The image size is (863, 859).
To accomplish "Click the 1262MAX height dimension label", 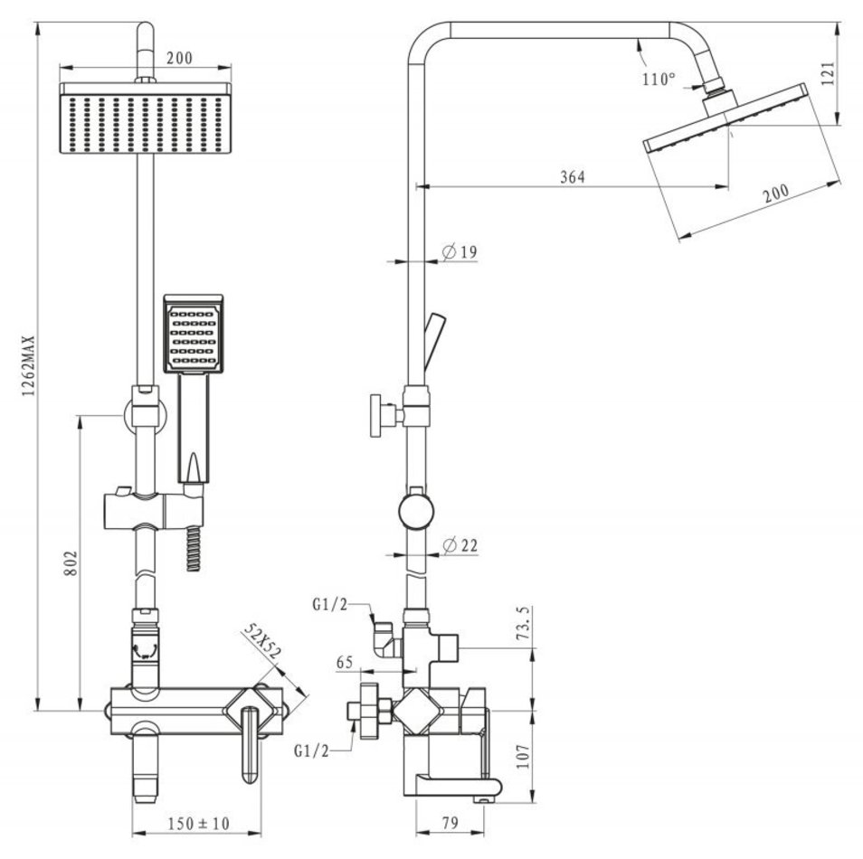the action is click(28, 366).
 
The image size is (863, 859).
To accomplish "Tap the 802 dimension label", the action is click(71, 563).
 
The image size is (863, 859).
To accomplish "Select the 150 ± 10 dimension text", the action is click(198, 824).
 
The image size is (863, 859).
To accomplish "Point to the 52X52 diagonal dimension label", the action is click(262, 641).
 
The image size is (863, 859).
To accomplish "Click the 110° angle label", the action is click(659, 80).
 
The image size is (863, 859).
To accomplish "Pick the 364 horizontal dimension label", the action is click(573, 176).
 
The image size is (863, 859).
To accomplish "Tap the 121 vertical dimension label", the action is click(828, 73).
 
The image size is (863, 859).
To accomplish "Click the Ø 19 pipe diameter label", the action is click(460, 252).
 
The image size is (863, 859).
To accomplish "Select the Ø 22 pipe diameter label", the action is click(460, 545).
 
